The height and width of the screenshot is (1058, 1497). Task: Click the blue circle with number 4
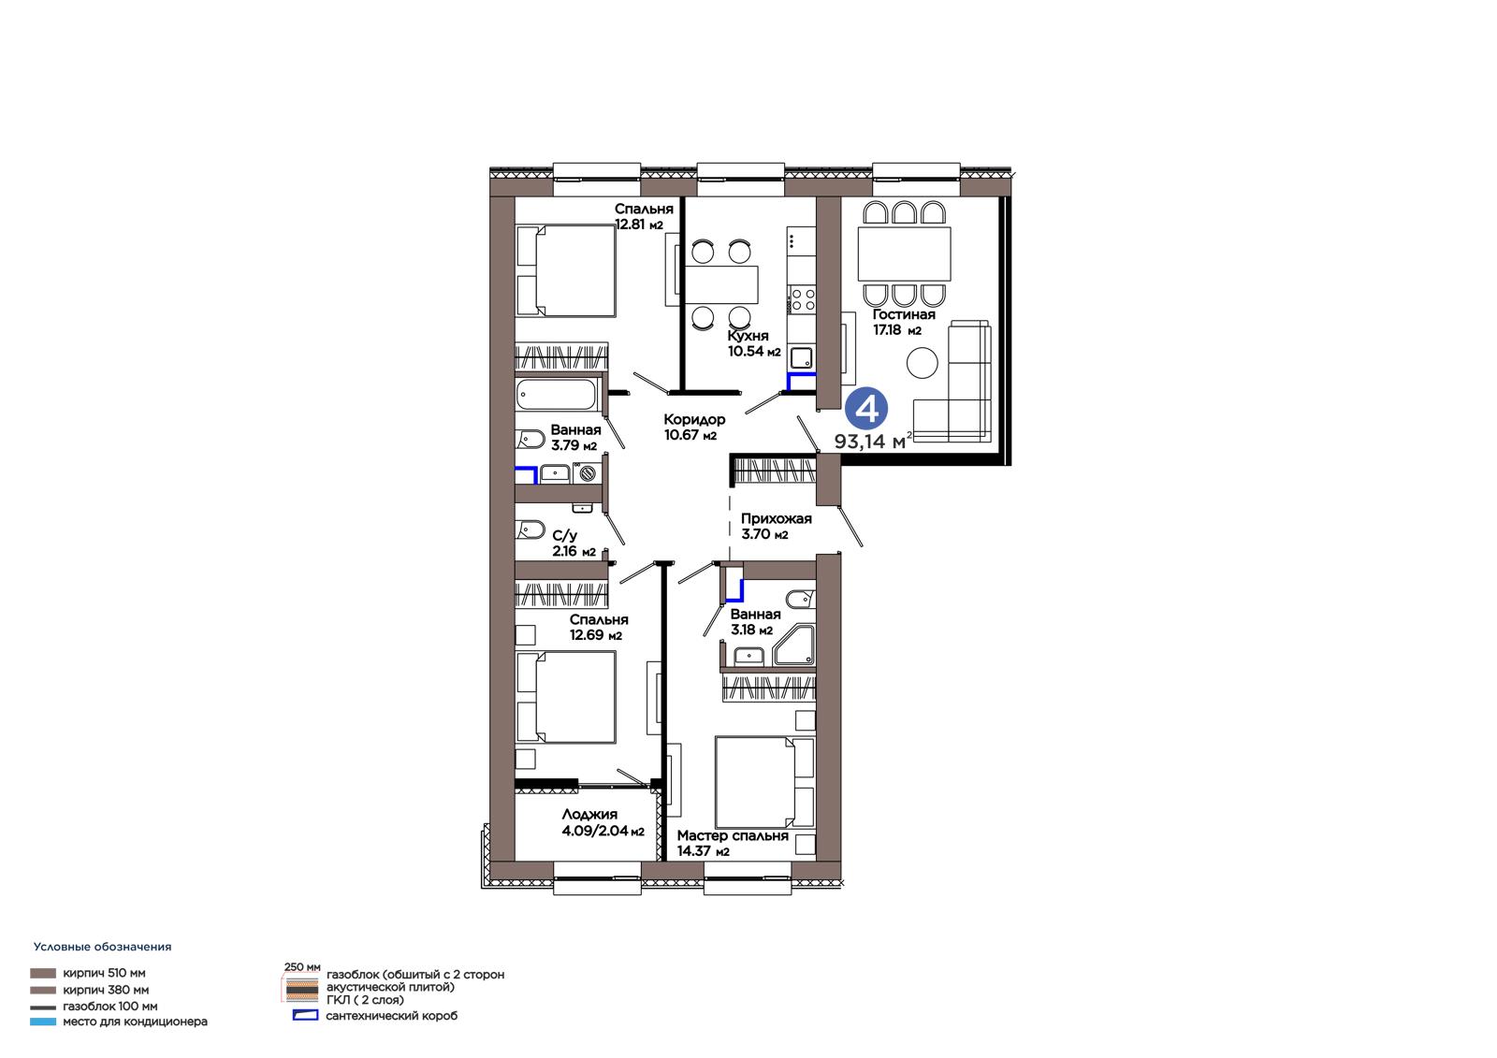(866, 409)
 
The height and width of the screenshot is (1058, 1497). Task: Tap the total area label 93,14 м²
(872, 442)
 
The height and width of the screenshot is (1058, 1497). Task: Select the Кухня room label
(748, 336)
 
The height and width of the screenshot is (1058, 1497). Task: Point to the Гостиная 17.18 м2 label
(904, 322)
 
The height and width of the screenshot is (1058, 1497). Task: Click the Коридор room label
(693, 420)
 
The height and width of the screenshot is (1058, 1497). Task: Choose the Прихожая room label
(776, 518)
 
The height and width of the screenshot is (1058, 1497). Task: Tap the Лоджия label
(589, 815)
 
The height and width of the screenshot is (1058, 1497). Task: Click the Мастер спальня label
(733, 836)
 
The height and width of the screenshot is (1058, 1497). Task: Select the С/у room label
(565, 535)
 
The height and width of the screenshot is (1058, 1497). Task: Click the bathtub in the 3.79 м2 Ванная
(556, 395)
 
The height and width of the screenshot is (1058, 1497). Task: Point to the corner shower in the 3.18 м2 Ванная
(794, 645)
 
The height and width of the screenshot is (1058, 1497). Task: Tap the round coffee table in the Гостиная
(922, 363)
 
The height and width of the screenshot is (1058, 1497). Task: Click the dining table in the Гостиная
(904, 254)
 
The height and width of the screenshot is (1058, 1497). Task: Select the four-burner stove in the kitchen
(802, 299)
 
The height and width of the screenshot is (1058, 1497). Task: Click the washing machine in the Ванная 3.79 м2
(587, 473)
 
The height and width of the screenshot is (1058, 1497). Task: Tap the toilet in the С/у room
(530, 530)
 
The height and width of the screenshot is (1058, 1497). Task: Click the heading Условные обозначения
(102, 947)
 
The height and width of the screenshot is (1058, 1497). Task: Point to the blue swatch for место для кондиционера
(43, 1022)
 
